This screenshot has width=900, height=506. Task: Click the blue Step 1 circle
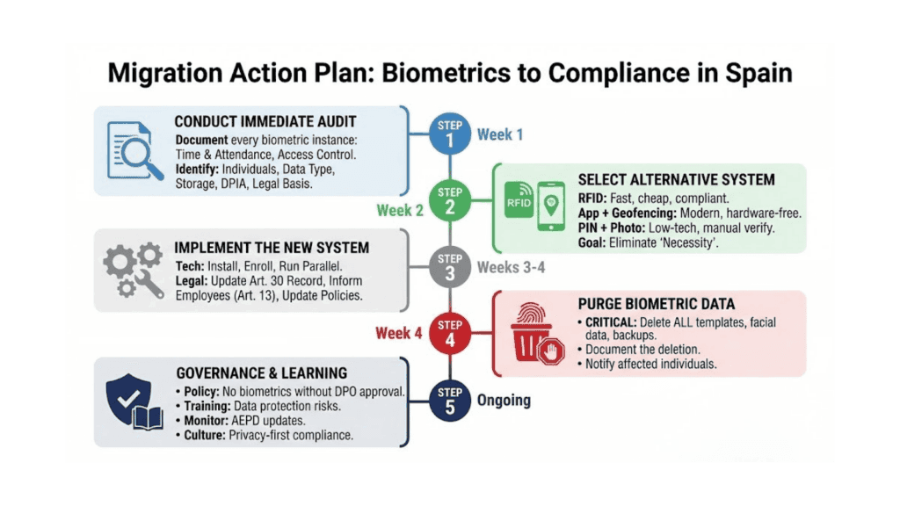450,134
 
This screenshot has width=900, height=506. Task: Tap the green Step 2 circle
450,199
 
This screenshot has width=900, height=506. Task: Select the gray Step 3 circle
450,266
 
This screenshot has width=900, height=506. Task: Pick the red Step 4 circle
450,333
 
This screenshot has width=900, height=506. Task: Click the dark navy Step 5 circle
450,400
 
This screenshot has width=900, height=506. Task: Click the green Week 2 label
400,210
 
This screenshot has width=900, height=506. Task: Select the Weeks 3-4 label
511,266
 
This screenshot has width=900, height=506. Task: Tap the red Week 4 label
399,333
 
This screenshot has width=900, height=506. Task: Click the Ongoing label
504,400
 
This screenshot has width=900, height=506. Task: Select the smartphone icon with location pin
551,206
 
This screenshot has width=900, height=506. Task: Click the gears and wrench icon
134,271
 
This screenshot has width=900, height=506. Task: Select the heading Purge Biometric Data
656,304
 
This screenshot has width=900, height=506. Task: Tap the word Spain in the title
755,73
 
